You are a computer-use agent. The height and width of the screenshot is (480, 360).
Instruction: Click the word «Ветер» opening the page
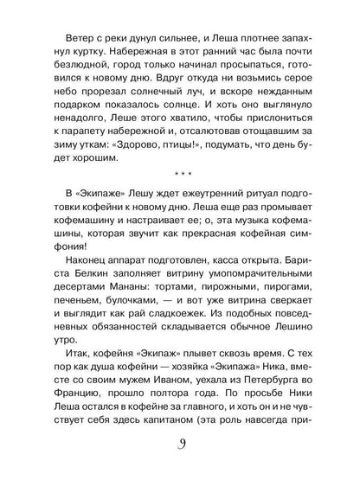click(77, 35)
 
